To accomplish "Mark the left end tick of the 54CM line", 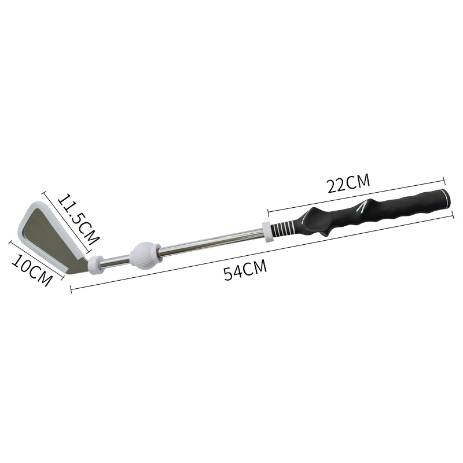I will click(71, 288).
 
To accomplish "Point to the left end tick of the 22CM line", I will click(267, 212).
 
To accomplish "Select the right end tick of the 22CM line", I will click(443, 179).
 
